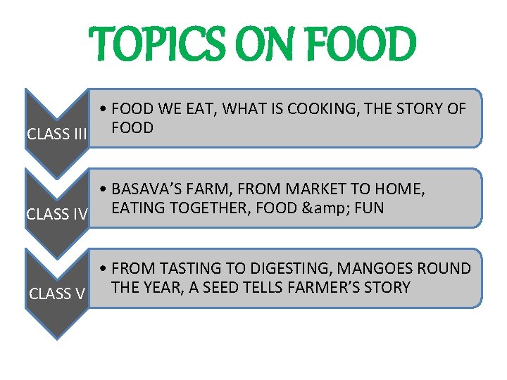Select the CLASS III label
pos(56,134)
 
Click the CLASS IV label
pos(56,214)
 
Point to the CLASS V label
pos(57,293)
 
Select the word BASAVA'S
pos(145,189)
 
